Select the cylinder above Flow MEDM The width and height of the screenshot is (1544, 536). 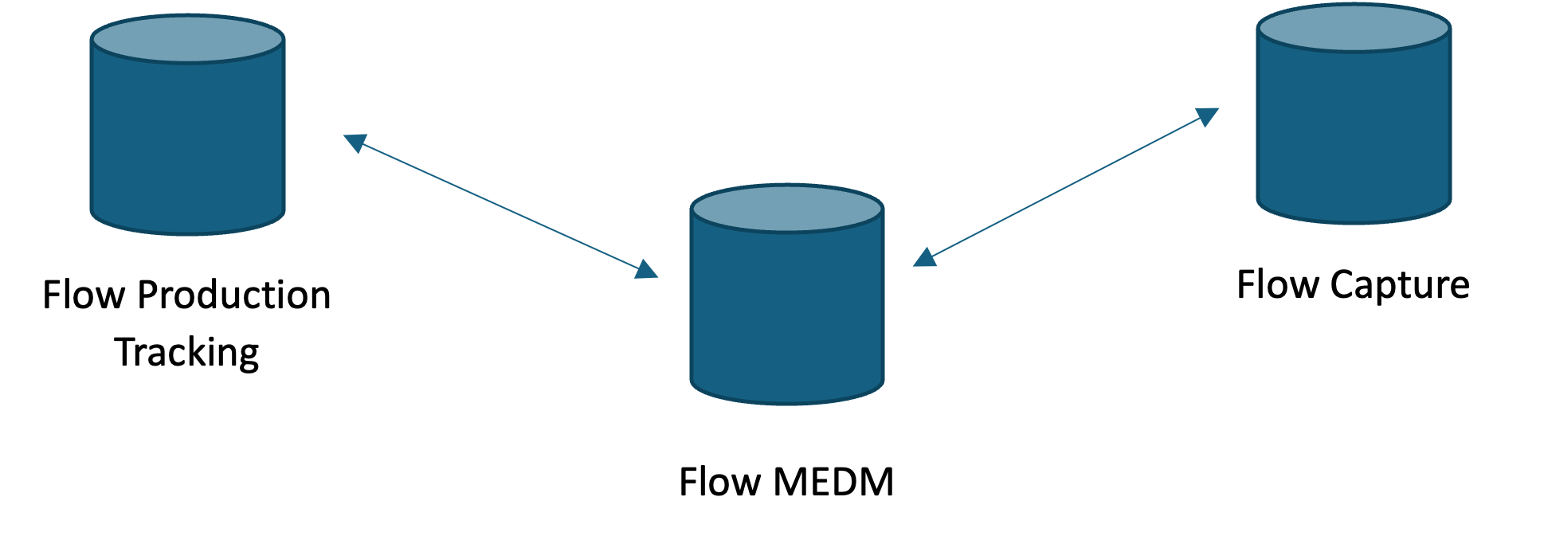[x=787, y=311]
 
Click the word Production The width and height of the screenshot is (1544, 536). [x=233, y=295]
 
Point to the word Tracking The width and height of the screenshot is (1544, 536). [x=187, y=353]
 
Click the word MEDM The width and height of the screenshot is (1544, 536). [x=833, y=483]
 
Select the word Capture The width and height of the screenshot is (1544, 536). [x=1400, y=285]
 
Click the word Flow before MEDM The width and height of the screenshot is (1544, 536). [x=719, y=483]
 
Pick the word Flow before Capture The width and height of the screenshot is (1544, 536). [x=1277, y=285]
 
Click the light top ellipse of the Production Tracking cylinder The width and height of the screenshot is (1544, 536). [x=187, y=39]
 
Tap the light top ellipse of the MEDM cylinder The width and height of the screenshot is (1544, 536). [x=787, y=209]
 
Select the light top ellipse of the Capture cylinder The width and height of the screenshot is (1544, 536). [x=1354, y=28]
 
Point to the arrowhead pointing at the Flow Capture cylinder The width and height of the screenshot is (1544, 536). [x=1209, y=117]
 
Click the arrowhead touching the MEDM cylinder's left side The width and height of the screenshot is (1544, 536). [x=647, y=269]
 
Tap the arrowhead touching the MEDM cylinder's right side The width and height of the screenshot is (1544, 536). [x=924, y=257]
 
